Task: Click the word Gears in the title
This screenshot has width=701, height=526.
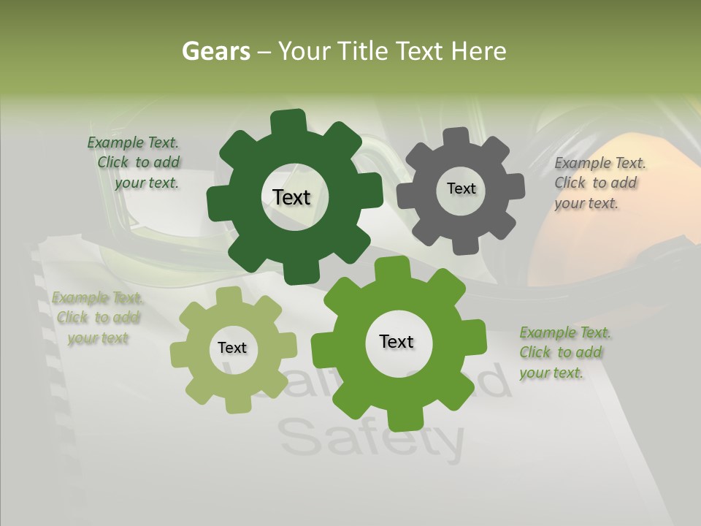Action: pyautogui.click(x=215, y=51)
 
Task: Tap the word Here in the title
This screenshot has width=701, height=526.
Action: pyautogui.click(x=478, y=51)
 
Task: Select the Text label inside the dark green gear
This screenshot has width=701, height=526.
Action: pyautogui.click(x=291, y=197)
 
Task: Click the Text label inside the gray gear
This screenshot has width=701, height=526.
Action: pyautogui.click(x=461, y=188)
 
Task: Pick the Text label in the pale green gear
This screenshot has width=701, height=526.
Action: pyautogui.click(x=232, y=348)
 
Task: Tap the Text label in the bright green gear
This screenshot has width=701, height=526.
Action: pyautogui.click(x=397, y=341)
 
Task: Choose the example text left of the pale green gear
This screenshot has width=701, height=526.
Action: pyautogui.click(x=97, y=318)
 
